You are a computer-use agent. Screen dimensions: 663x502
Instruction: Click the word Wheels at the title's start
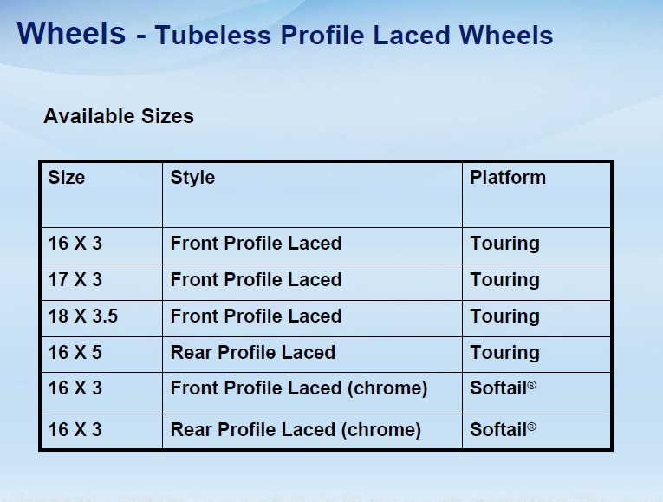(71, 33)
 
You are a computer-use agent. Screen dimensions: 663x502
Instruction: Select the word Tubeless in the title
(213, 35)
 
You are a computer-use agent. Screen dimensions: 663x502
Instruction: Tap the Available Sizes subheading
(119, 116)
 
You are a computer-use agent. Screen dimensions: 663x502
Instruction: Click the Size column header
(67, 177)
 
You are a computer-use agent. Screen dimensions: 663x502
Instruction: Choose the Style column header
(192, 178)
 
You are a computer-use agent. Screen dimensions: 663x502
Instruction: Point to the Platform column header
(508, 177)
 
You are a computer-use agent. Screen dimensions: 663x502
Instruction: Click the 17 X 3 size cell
(75, 279)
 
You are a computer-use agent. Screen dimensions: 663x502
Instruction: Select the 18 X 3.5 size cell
(83, 316)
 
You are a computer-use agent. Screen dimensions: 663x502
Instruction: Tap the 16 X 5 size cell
(75, 352)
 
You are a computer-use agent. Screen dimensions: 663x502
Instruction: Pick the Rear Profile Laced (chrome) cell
(296, 430)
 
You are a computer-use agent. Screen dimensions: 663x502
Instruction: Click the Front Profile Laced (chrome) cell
(299, 388)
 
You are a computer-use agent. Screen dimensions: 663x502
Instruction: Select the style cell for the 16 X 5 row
(253, 352)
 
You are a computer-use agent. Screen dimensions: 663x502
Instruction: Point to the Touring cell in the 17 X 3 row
(505, 280)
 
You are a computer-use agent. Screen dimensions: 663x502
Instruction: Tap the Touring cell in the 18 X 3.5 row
(505, 316)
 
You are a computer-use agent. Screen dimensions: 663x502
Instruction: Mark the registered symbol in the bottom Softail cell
(532, 427)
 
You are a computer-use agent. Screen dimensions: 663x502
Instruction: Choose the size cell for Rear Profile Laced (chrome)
(75, 430)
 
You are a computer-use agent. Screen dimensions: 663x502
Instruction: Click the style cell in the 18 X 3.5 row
(256, 316)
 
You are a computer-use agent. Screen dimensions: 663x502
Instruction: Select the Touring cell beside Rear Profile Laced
(505, 353)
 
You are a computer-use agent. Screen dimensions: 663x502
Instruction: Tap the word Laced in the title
(412, 35)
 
